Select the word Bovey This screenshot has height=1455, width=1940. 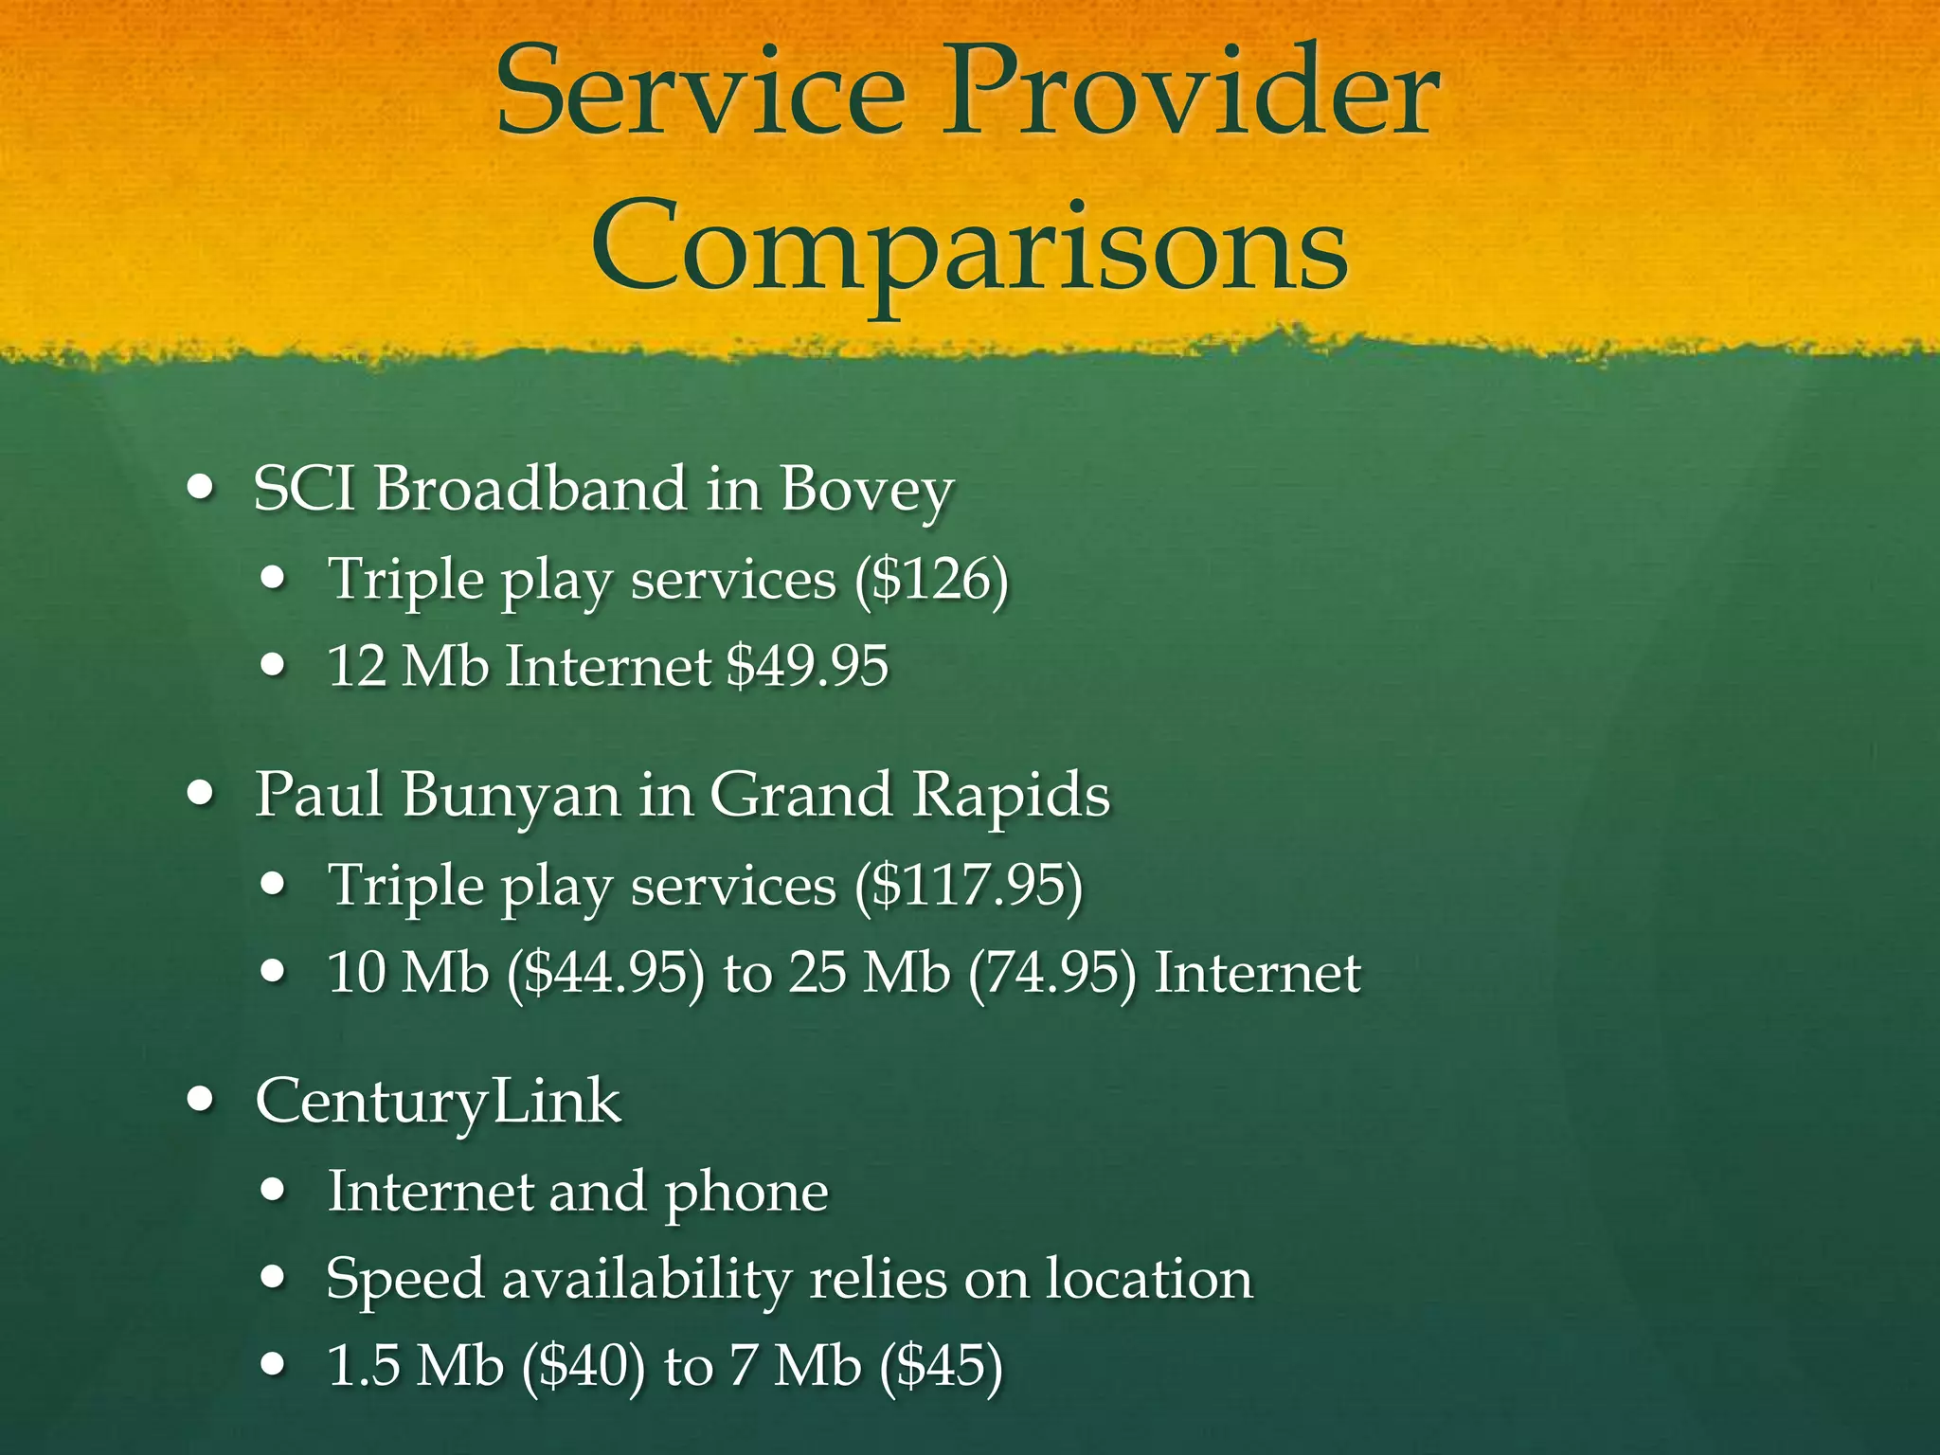click(866, 491)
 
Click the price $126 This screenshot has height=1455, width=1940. click(930, 579)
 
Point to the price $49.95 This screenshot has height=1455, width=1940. click(807, 665)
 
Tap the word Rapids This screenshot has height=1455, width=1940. click(1011, 794)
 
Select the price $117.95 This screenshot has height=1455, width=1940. click(968, 886)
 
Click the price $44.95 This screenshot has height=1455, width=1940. click(605, 973)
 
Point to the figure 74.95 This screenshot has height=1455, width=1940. click(1051, 973)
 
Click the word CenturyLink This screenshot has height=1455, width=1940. click(438, 1102)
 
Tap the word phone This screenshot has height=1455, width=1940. click(745, 1192)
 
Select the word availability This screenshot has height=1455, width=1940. click(646, 1279)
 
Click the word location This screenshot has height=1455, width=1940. click(1149, 1279)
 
